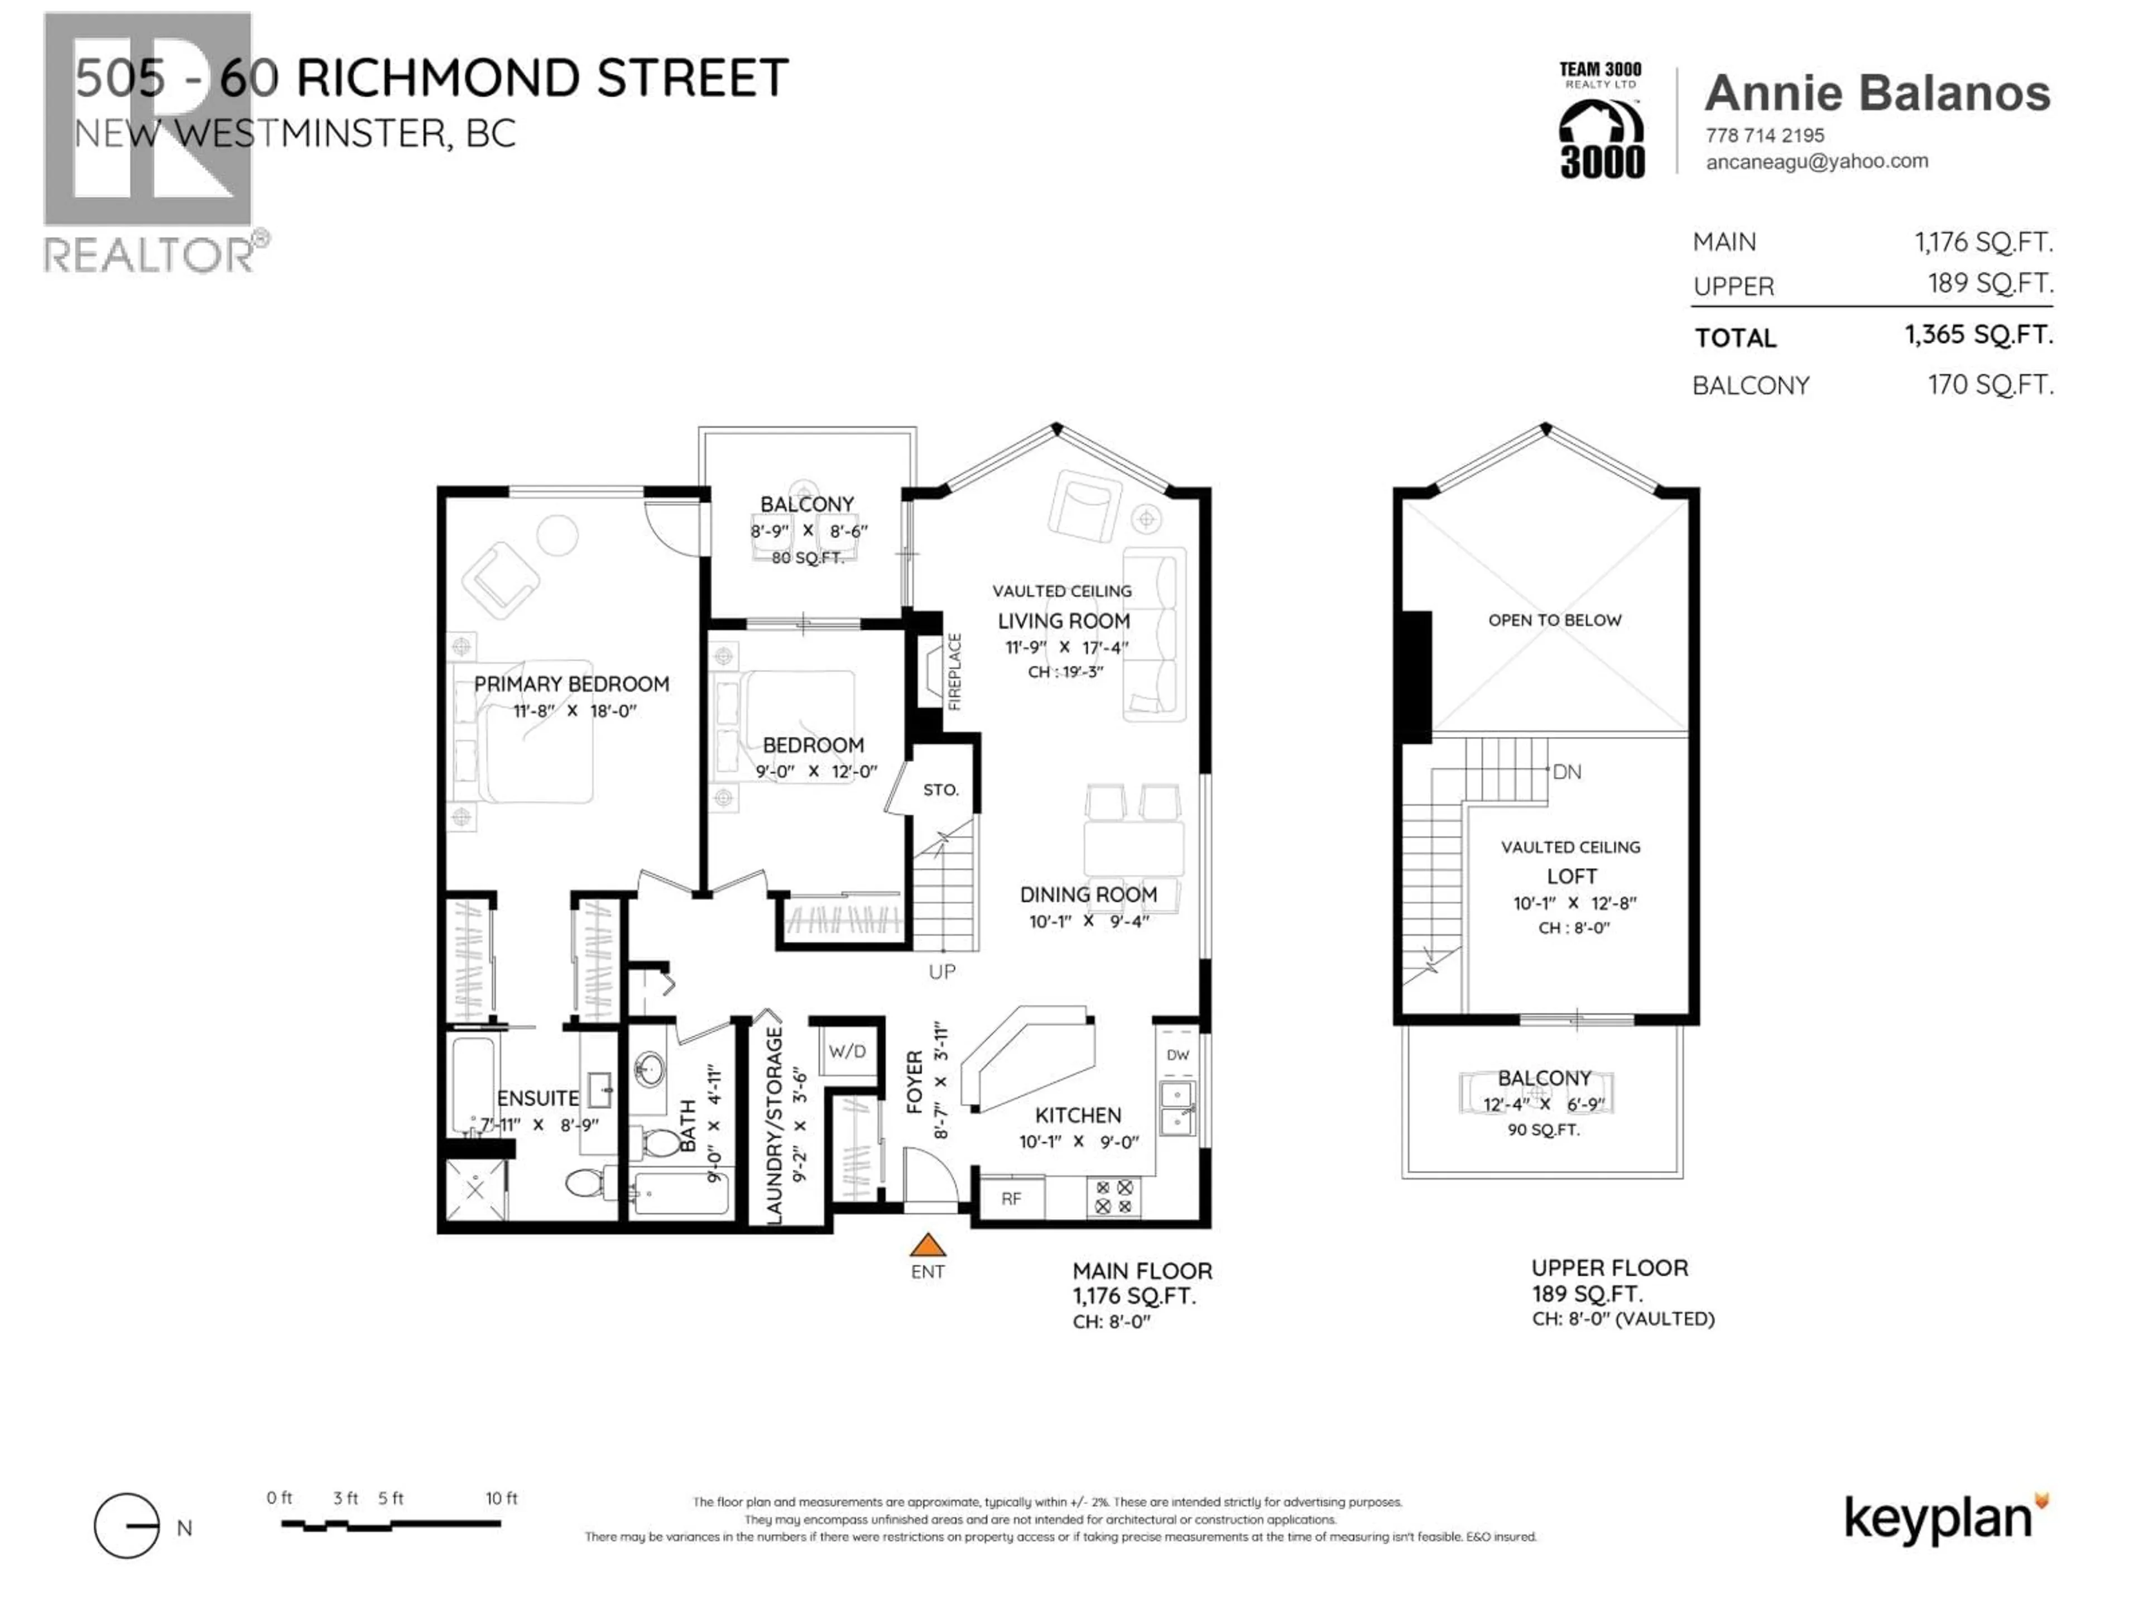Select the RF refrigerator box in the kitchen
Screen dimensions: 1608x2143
(1011, 1199)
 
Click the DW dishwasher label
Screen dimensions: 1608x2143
(1177, 1055)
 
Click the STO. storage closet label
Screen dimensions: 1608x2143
(940, 790)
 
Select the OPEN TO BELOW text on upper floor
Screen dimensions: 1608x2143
(1554, 620)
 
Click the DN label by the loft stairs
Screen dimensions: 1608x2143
(1567, 772)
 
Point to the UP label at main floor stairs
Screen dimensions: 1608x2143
(941, 971)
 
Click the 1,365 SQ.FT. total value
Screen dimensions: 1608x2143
(1978, 336)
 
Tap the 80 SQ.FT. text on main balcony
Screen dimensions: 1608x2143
(807, 558)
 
